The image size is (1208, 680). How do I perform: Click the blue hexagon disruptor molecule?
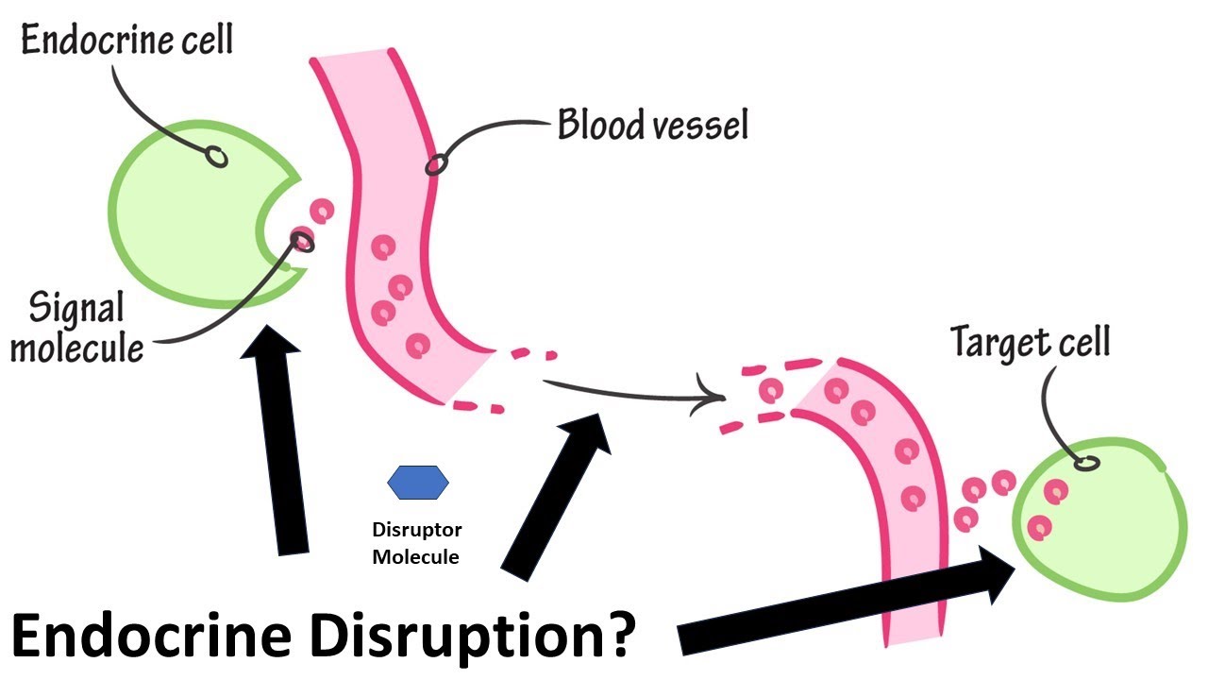click(x=418, y=483)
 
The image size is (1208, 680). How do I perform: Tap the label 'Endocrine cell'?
click(x=126, y=42)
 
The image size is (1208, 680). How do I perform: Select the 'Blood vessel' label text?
click(x=652, y=124)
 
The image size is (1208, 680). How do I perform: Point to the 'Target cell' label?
click(x=1030, y=341)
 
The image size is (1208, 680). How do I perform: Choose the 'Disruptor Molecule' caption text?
click(x=415, y=543)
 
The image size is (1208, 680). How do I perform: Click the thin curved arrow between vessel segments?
click(x=632, y=392)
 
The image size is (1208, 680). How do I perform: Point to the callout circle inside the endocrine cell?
click(x=216, y=158)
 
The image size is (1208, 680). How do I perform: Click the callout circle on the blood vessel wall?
click(x=435, y=165)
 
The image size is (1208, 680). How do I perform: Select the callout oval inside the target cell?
click(x=1087, y=463)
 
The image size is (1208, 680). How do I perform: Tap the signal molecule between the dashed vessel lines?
click(x=772, y=389)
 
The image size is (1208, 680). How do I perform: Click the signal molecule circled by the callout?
click(x=302, y=238)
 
